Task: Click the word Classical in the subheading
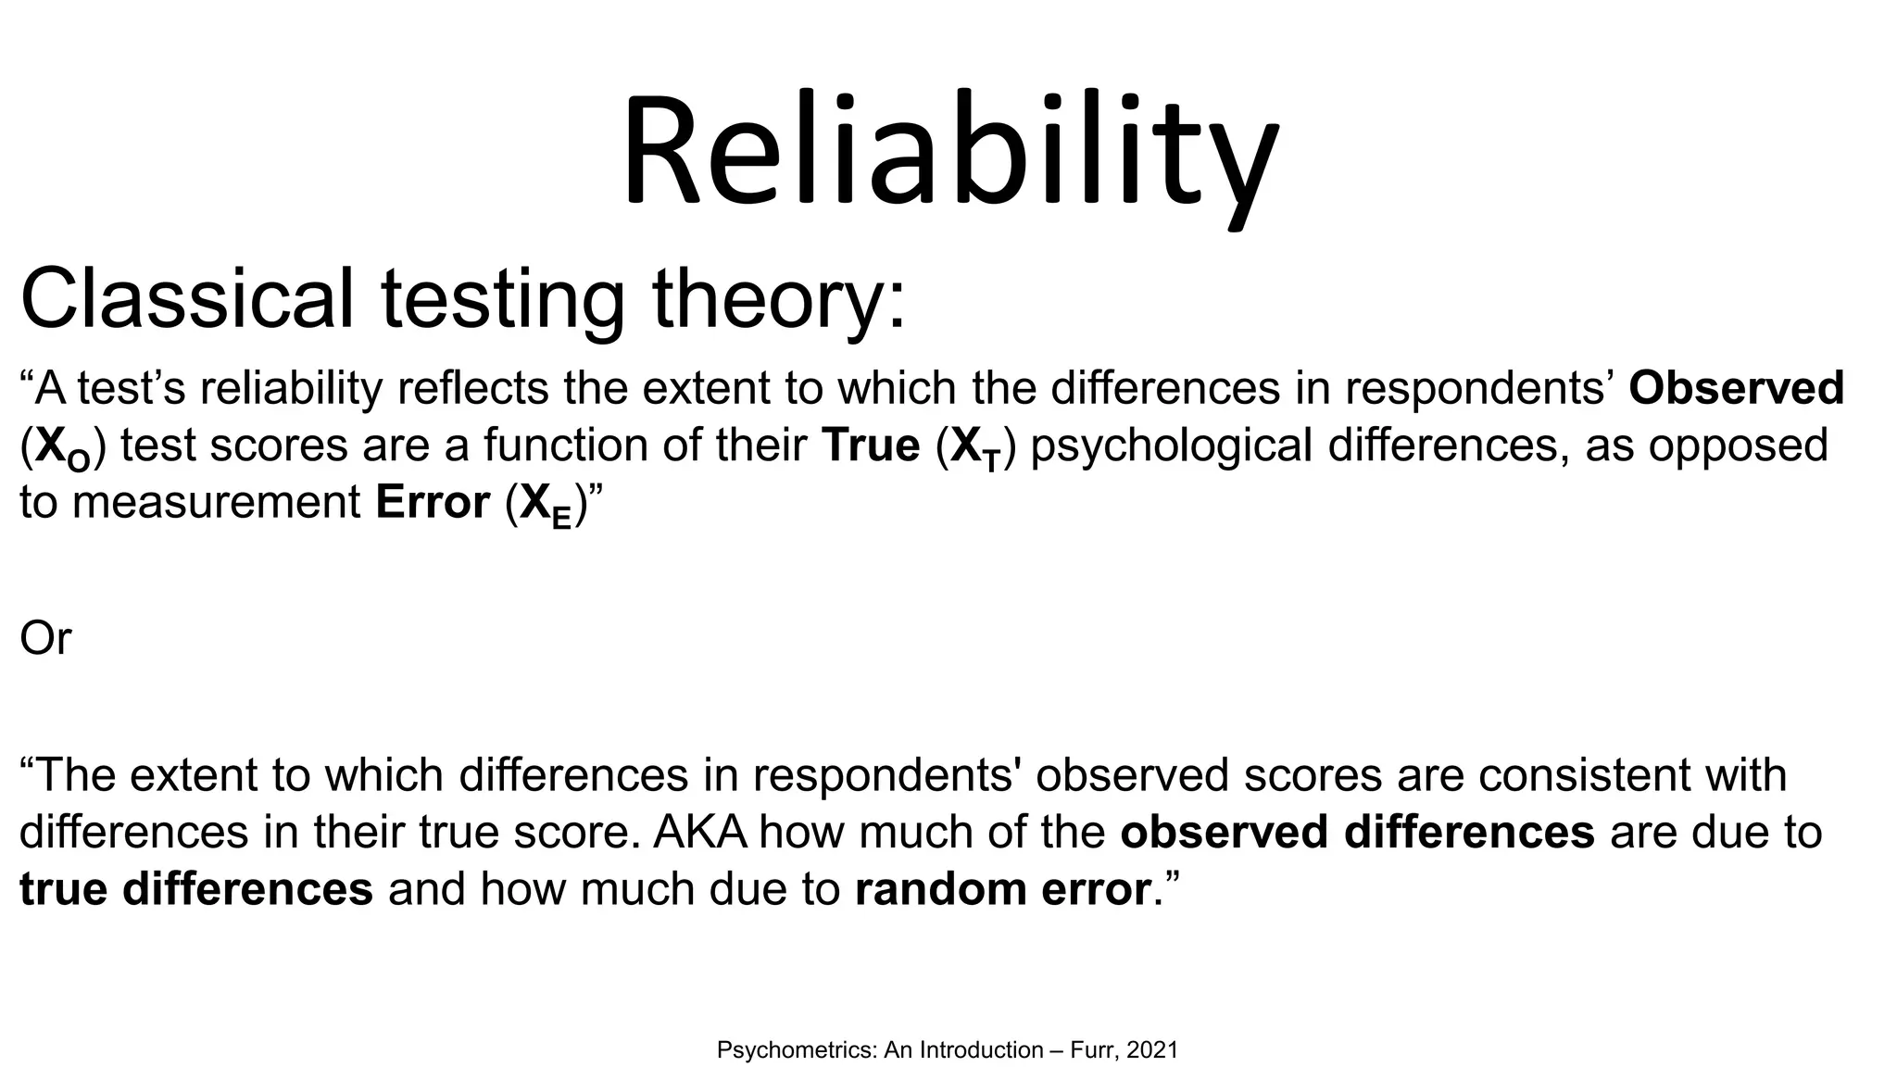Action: (x=186, y=298)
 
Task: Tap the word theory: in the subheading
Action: (x=778, y=298)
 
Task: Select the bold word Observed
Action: (x=1736, y=387)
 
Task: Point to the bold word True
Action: (x=870, y=445)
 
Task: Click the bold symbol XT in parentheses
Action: (x=976, y=448)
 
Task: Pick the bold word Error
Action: (x=433, y=502)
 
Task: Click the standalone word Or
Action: (x=44, y=638)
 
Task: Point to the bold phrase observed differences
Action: (x=1357, y=832)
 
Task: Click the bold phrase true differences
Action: (x=195, y=888)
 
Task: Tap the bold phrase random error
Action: (x=1002, y=888)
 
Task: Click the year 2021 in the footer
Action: (x=1152, y=1049)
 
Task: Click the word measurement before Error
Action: (x=216, y=502)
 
